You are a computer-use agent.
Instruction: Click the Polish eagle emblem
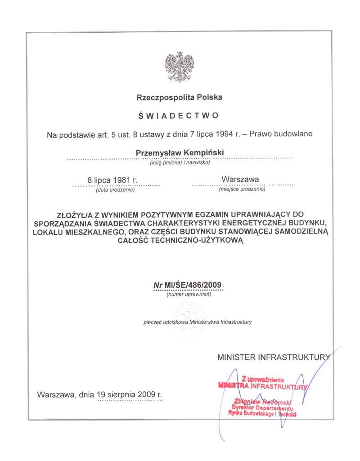[180, 67]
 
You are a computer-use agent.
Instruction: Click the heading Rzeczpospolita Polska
[180, 97]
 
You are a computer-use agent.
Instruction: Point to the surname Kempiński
[203, 153]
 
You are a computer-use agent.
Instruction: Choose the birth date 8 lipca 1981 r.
[112, 180]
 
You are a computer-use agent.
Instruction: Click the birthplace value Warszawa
[240, 179]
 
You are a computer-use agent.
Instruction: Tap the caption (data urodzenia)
[115, 189]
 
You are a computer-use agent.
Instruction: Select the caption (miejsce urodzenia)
[242, 189]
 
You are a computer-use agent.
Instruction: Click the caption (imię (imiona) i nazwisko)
[180, 162]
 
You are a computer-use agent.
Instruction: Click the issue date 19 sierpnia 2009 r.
[130, 394]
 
